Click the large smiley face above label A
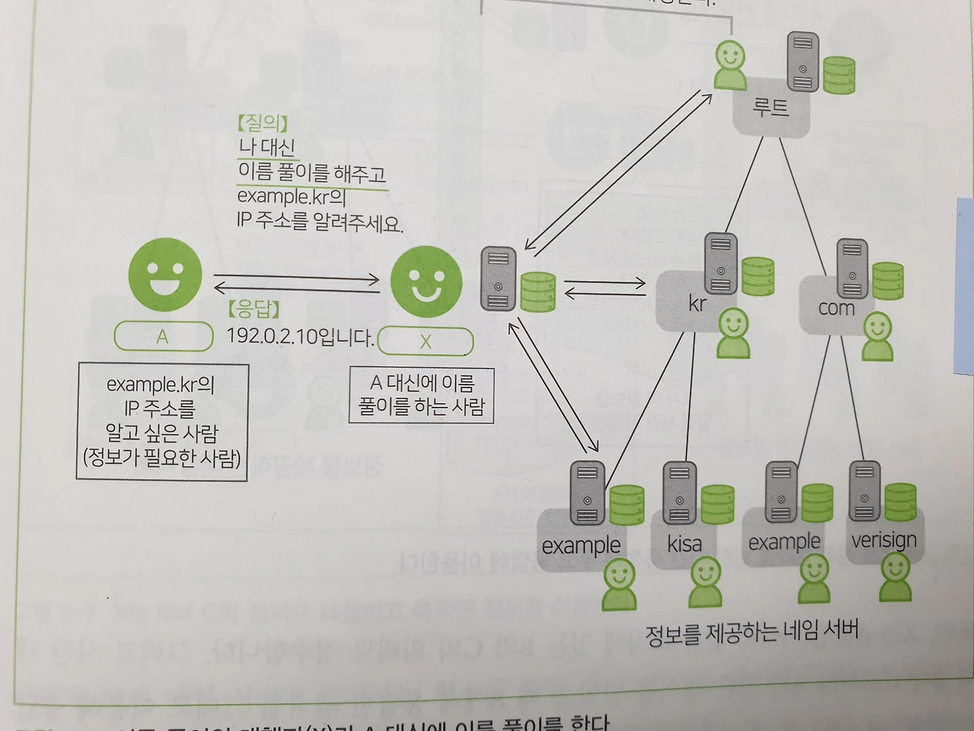click(165, 275)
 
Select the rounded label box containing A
click(163, 337)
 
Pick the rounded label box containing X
click(425, 342)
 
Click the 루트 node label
click(770, 107)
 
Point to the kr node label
click(697, 304)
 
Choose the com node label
click(836, 308)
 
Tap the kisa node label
click(684, 544)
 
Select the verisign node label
click(883, 540)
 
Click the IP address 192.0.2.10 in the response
click(276, 336)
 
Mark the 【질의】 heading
click(263, 123)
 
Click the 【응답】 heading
click(253, 309)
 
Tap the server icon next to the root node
click(802, 62)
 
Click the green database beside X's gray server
click(537, 292)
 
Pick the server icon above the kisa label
click(679, 493)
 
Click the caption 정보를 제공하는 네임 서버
click(751, 631)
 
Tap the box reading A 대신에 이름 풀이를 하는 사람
click(422, 394)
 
